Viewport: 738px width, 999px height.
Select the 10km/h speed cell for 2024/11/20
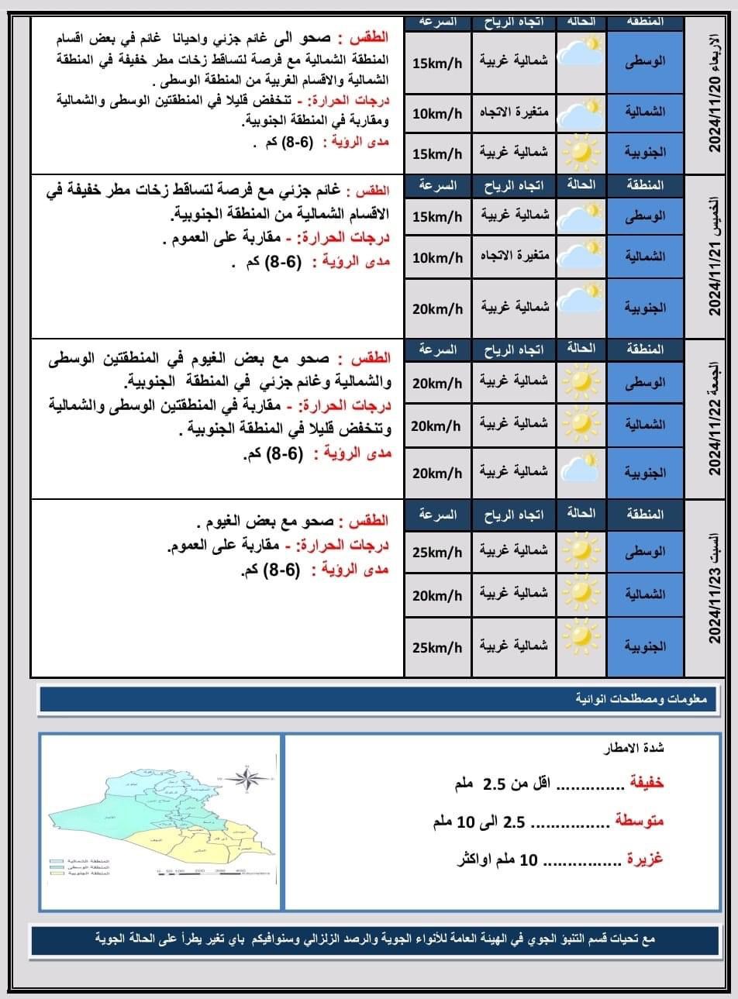437,113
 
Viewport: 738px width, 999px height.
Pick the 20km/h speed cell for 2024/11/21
437,308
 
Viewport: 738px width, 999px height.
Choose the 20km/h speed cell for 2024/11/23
437,595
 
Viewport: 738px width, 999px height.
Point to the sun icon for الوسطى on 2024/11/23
581,552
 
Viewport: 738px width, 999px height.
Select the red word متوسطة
640,821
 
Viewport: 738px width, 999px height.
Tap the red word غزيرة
644,859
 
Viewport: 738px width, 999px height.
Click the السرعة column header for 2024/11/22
437,350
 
